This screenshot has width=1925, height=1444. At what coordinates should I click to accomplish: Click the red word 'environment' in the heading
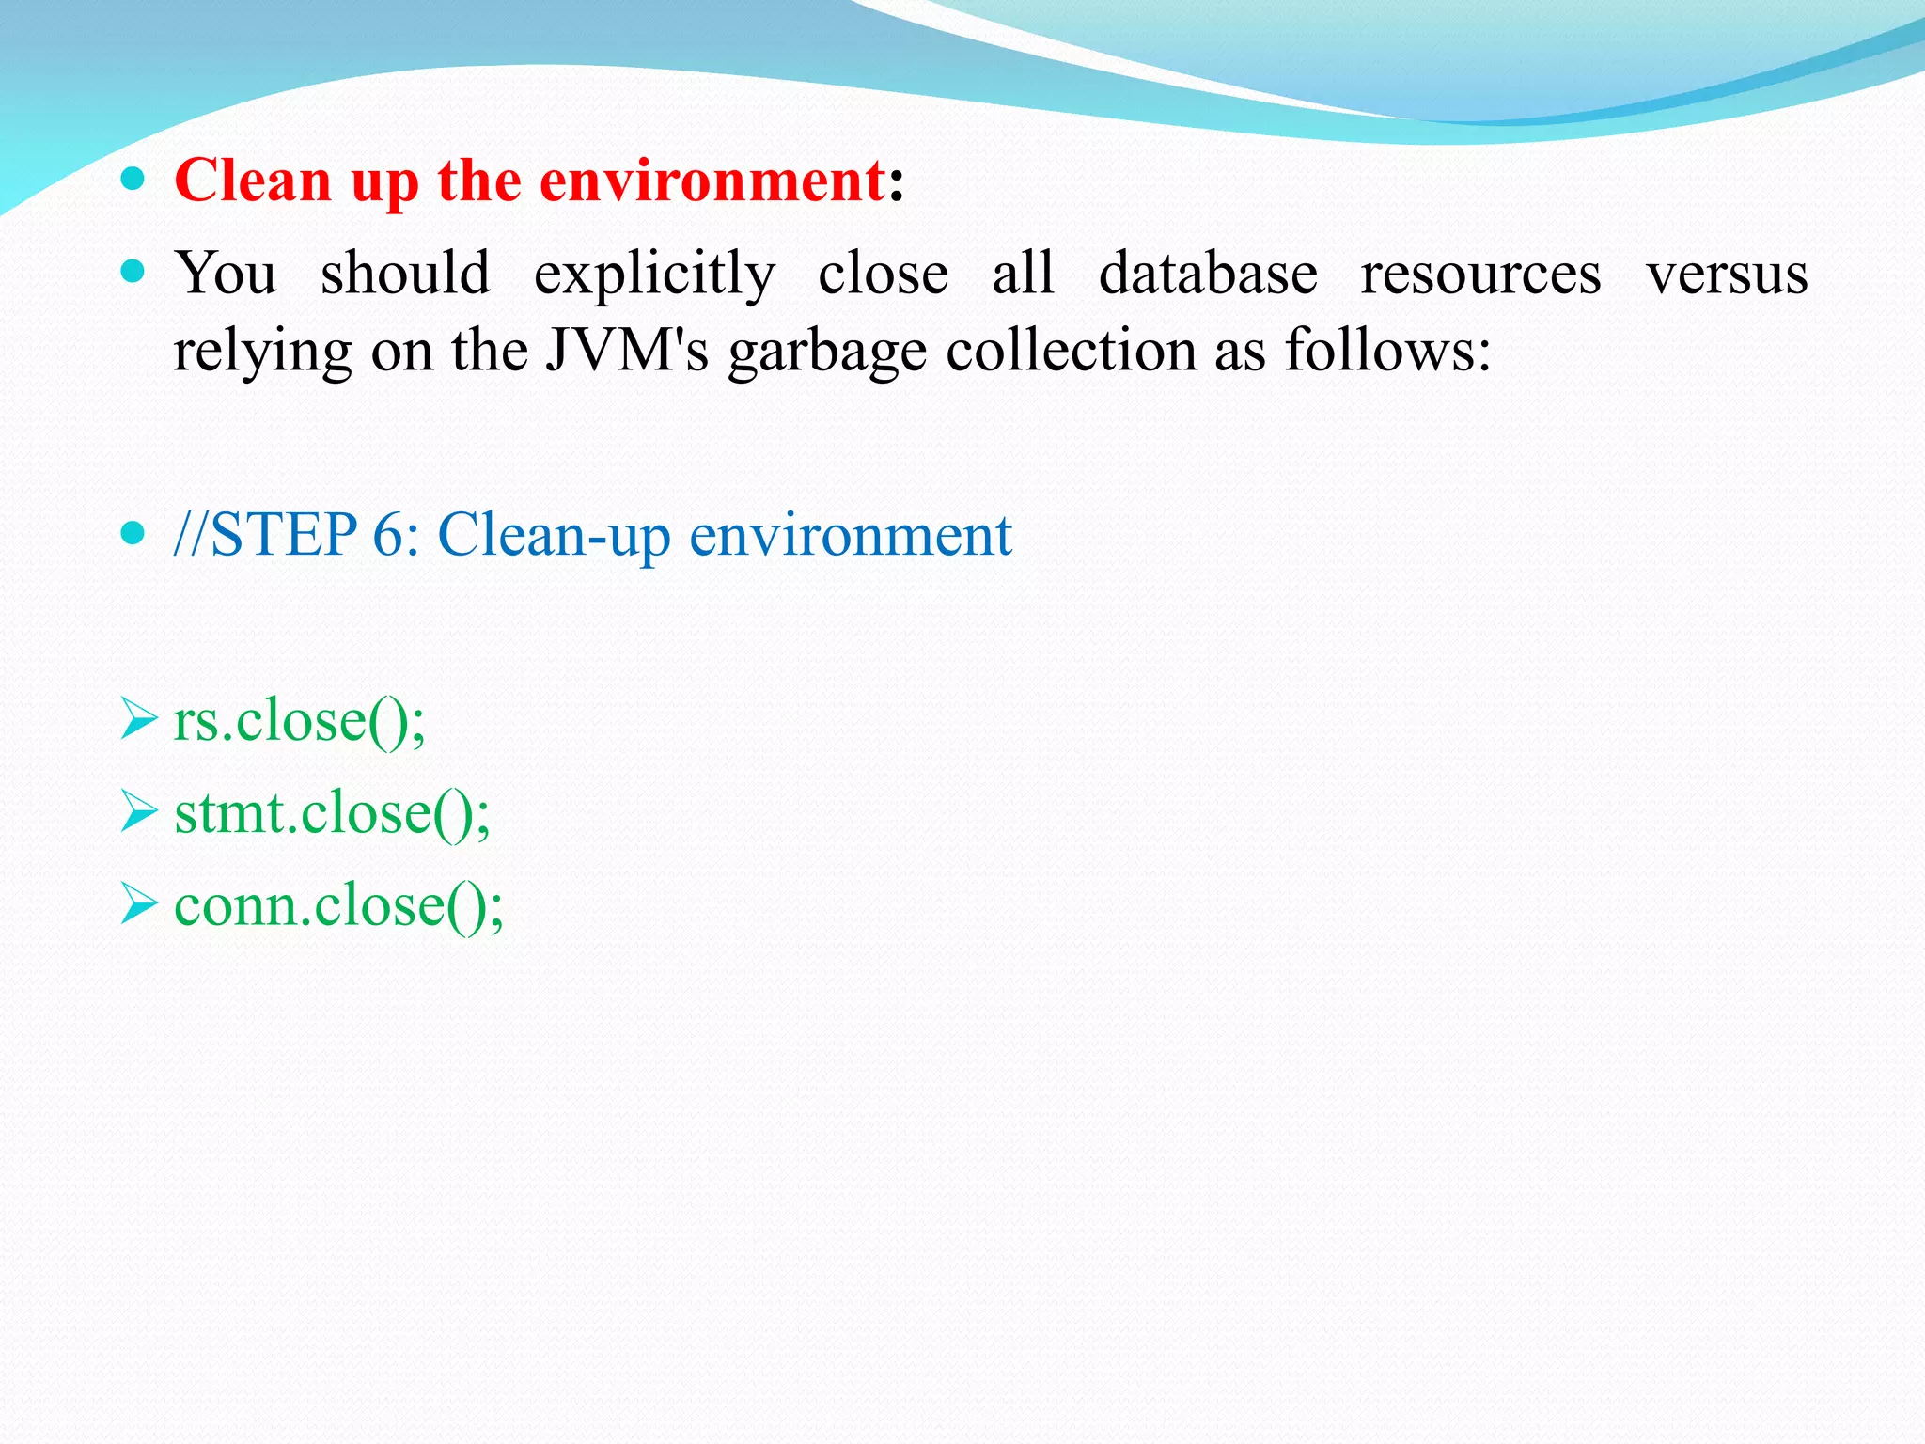[712, 180]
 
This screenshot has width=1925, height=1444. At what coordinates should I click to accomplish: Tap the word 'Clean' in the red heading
[253, 180]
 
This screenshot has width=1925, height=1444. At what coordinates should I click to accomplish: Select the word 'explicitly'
[654, 275]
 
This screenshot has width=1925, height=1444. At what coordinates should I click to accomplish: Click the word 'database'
[1208, 274]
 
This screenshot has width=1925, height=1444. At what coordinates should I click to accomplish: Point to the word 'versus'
[1727, 274]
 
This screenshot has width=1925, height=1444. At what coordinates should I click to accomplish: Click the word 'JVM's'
[627, 350]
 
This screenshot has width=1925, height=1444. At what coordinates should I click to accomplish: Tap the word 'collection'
[1071, 350]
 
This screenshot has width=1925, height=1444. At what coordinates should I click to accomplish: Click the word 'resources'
[1480, 275]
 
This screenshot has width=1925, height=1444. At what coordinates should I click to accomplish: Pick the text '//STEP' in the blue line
[265, 535]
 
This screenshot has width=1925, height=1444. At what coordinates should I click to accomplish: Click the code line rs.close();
[299, 721]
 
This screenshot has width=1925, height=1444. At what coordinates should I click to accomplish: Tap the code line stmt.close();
[332, 813]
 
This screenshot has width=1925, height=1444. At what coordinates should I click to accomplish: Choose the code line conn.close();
[338, 905]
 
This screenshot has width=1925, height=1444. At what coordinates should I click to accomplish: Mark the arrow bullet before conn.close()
[138, 904]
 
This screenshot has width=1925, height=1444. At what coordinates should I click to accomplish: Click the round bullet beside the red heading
[133, 178]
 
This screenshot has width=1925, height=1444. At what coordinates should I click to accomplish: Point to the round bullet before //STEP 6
[133, 534]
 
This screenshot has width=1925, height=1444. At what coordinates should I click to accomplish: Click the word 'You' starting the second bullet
[226, 274]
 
